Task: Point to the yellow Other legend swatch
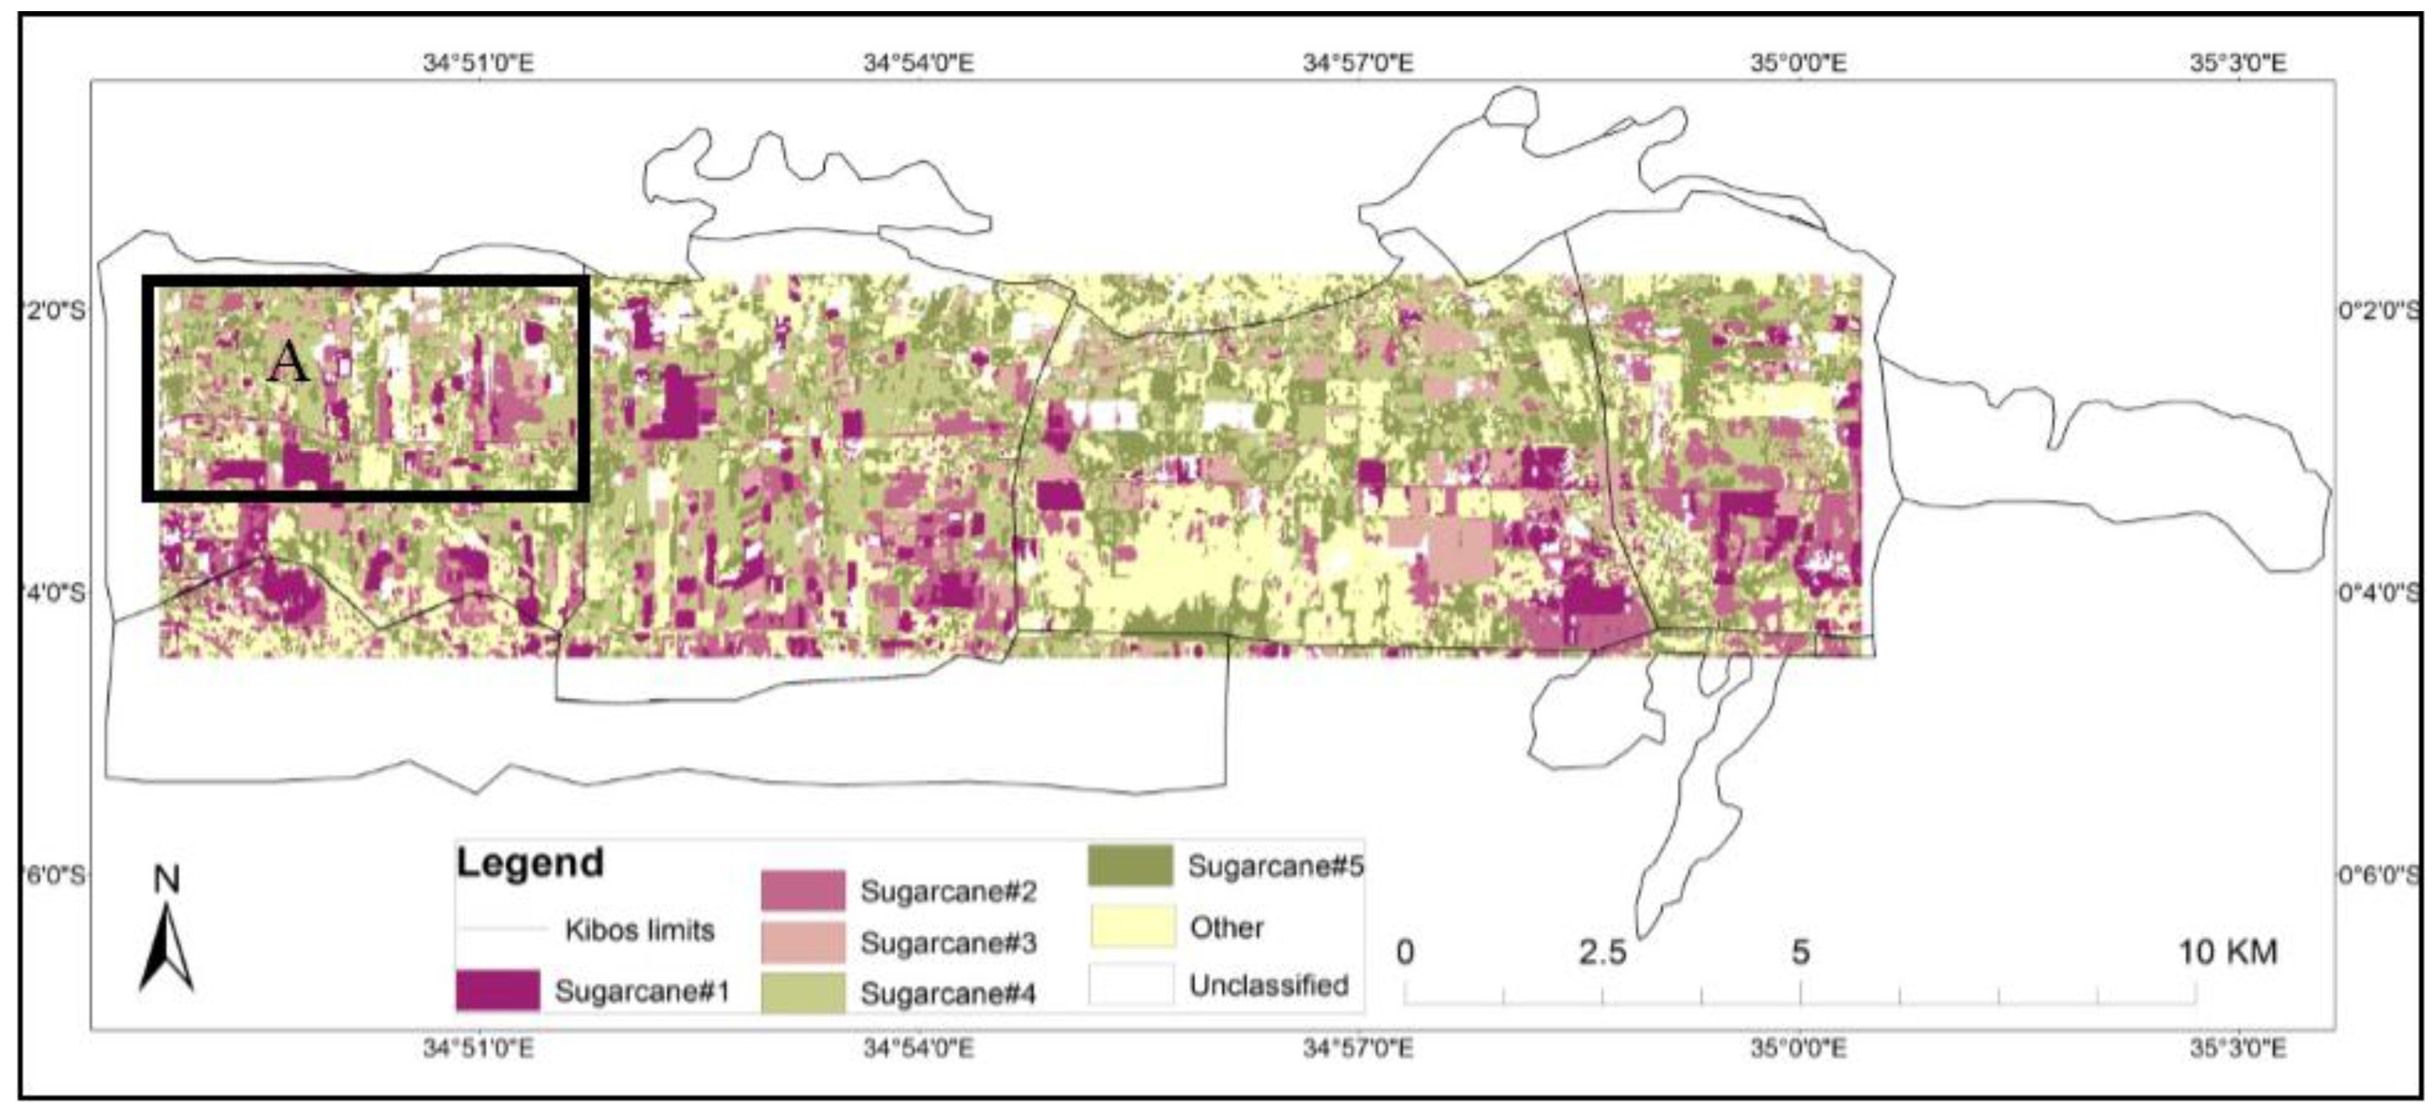pyautogui.click(x=1131, y=926)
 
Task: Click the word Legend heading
pyautogui.click(x=530, y=863)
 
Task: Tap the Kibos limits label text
pyautogui.click(x=640, y=930)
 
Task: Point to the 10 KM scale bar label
pyautogui.click(x=2227, y=951)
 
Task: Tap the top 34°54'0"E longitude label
pyautogui.click(x=918, y=63)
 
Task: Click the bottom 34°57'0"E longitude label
pyautogui.click(x=1358, y=1049)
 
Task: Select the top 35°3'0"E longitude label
pyautogui.click(x=2238, y=63)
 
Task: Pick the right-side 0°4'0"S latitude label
pyautogui.click(x=2377, y=593)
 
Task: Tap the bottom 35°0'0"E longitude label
pyautogui.click(x=1798, y=1049)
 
